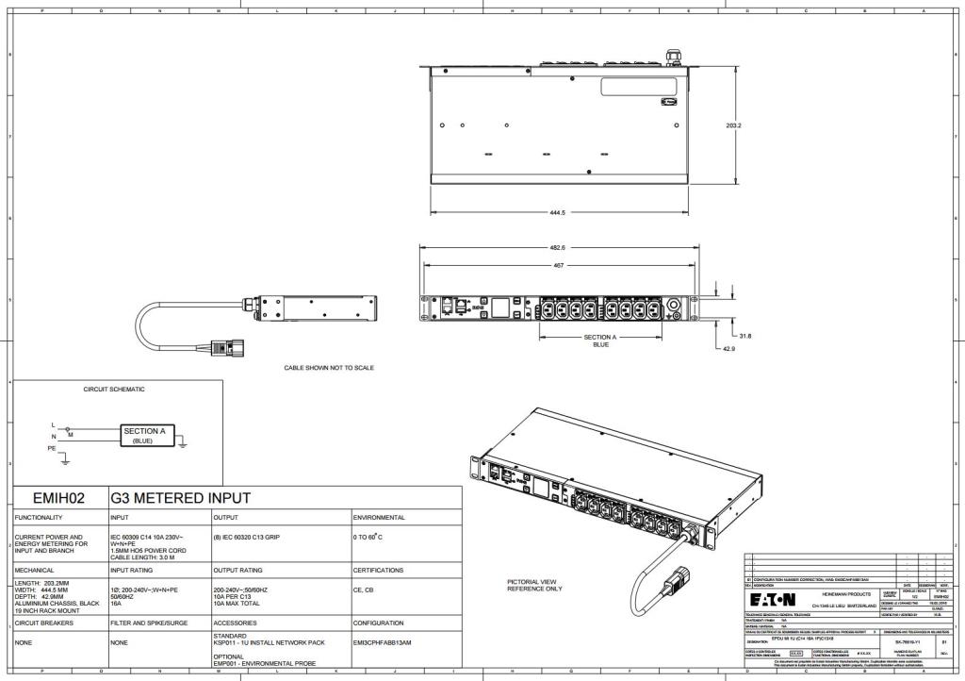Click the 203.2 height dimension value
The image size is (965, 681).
[733, 125]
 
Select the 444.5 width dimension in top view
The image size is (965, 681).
[557, 212]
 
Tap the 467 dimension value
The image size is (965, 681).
[557, 265]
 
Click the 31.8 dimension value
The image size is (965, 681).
[744, 336]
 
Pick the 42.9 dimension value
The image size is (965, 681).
[728, 349]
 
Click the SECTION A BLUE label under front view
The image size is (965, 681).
[600, 340]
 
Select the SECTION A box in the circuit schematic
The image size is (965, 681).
[143, 435]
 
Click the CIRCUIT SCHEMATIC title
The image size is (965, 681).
[115, 389]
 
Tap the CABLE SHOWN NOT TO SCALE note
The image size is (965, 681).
[328, 368]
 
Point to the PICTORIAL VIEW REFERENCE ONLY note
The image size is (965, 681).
[534, 586]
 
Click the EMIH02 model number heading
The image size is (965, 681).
[58, 498]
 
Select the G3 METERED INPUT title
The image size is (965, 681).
[180, 498]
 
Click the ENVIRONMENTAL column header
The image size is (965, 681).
[379, 518]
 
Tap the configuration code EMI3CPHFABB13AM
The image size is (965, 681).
[385, 642]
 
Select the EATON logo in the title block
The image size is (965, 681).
[772, 600]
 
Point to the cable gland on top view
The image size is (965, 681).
[673, 58]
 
